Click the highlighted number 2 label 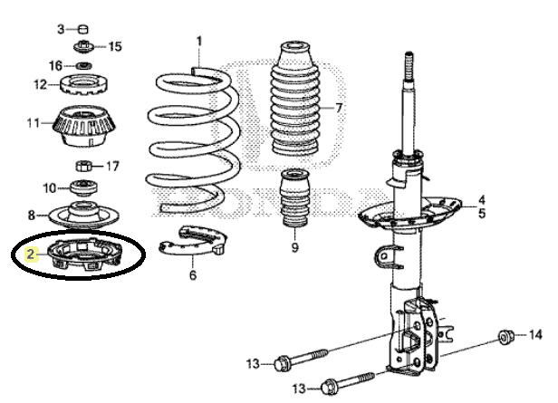[x=31, y=254]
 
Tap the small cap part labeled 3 [x=83, y=29]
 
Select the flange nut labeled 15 [x=83, y=46]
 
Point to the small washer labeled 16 [x=84, y=66]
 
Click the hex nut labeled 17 [x=84, y=166]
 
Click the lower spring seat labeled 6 [x=193, y=241]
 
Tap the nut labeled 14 [x=505, y=337]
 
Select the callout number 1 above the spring [x=199, y=42]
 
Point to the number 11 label [x=33, y=123]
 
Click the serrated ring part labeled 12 [x=83, y=84]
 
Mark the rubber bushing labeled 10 [x=83, y=187]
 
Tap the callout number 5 [x=482, y=214]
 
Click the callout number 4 [x=482, y=199]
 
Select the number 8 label [x=32, y=216]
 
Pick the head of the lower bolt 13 [x=328, y=387]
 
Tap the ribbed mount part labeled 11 [x=85, y=126]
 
